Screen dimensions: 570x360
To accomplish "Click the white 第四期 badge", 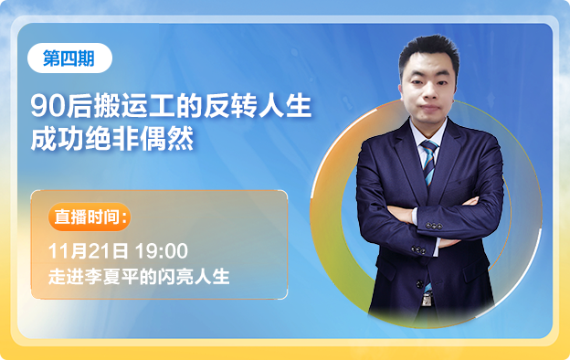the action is (x=69, y=58).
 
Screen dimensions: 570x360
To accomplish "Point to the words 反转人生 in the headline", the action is (x=258, y=106).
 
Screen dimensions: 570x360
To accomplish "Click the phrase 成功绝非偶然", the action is (x=112, y=139).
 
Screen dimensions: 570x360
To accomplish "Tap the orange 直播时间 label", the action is (x=90, y=217).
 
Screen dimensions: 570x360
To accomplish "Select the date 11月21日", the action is (x=89, y=251).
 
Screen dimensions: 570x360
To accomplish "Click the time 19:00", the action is (x=162, y=251).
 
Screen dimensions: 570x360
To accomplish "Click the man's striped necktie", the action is (x=429, y=164).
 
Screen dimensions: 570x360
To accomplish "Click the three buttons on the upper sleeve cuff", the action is (x=434, y=227).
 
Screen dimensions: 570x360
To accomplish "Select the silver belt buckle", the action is (x=427, y=299).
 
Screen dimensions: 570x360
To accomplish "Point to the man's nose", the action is (x=429, y=93).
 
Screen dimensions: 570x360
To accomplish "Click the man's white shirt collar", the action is (x=428, y=132).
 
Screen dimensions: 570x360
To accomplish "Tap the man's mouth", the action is (x=429, y=109).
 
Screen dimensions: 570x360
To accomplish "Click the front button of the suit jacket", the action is (x=419, y=284).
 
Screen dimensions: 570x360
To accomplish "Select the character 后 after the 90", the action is (x=79, y=106).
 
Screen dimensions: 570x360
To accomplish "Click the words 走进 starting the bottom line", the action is (x=67, y=277).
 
